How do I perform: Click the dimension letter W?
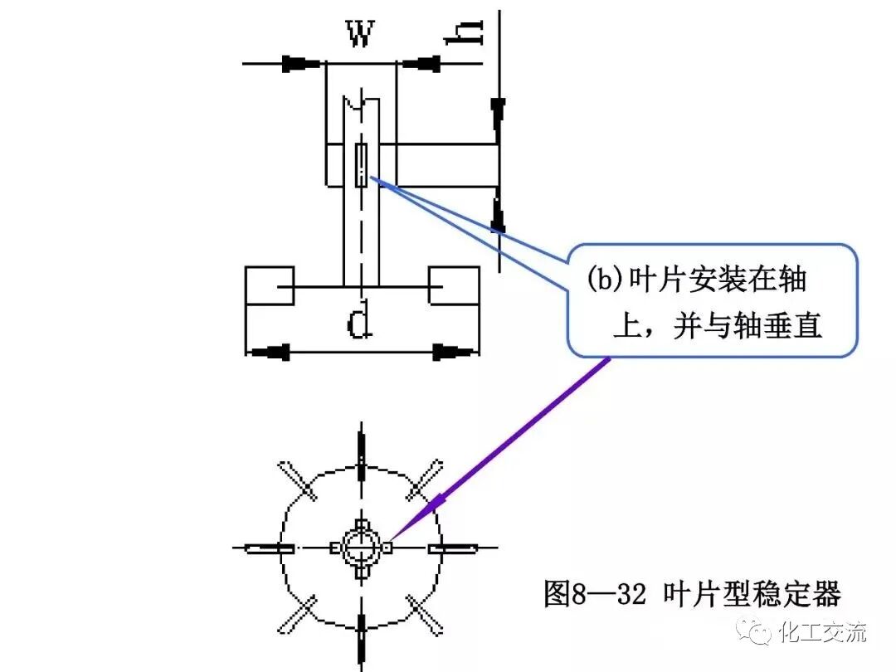[x=358, y=35]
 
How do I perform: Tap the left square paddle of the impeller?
[x=270, y=287]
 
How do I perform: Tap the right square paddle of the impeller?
[x=453, y=287]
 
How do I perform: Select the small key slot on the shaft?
[x=361, y=164]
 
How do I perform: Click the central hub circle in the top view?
[x=360, y=548]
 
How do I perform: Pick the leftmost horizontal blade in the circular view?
[x=270, y=548]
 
